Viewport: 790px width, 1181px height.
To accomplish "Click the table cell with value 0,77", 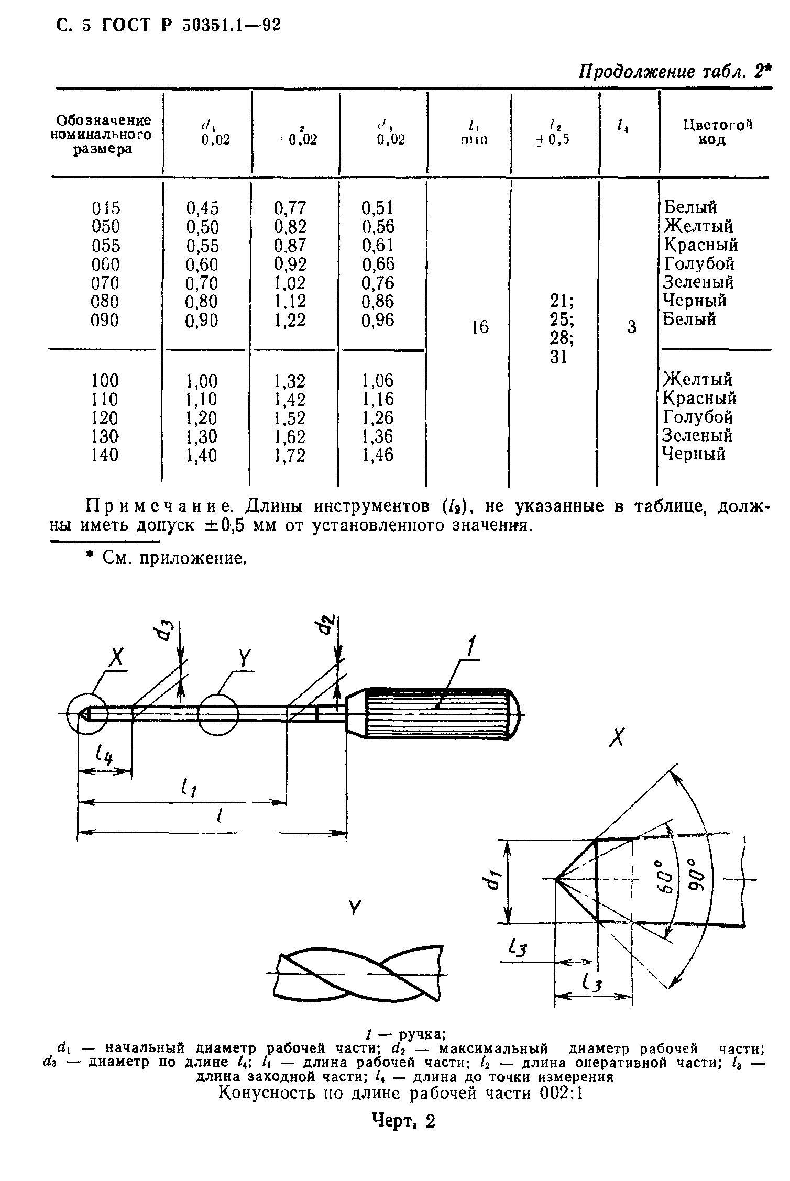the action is coord(290,208).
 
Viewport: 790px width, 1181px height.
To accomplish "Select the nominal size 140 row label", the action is coord(105,455).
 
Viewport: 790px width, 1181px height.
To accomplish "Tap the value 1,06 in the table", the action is coord(377,380).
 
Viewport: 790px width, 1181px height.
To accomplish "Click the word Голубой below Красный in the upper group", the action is coord(699,263).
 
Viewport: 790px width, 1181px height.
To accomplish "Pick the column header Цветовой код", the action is coord(718,132).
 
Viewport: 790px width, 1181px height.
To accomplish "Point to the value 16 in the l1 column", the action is coord(480,327).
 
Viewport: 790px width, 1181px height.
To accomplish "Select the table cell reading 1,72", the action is coord(290,455).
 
